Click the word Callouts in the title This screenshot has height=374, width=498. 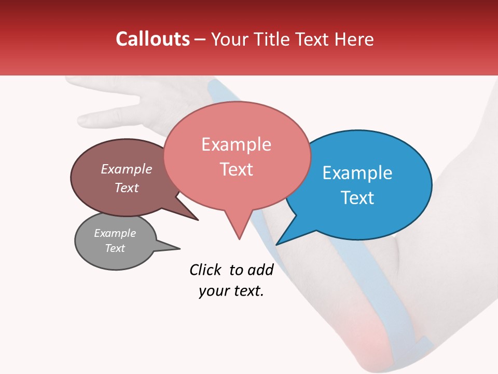point(153,39)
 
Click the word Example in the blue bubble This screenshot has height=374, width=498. point(357,173)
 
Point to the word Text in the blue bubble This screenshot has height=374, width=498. point(357,198)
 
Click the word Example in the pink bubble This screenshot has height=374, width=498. point(237,144)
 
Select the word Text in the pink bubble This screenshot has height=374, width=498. point(237,169)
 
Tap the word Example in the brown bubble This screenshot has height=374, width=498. point(127,169)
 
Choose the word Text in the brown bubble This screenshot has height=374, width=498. point(127,188)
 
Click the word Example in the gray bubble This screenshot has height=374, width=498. point(115,233)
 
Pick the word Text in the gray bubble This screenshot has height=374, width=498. point(115,248)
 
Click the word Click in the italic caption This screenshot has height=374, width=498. point(206,270)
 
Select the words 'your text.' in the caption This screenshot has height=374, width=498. point(231,291)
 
